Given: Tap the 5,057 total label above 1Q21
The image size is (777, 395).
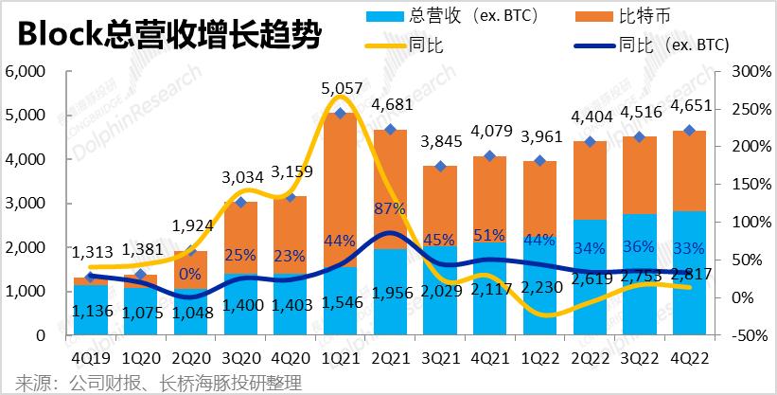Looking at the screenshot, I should click(343, 89).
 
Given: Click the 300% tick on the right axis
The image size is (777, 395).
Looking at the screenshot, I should click(742, 71).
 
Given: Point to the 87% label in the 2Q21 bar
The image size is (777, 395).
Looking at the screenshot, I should click(392, 207).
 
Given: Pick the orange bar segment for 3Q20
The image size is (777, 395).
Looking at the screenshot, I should click(241, 237).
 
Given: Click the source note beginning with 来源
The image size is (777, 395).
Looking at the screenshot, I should click(151, 383).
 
